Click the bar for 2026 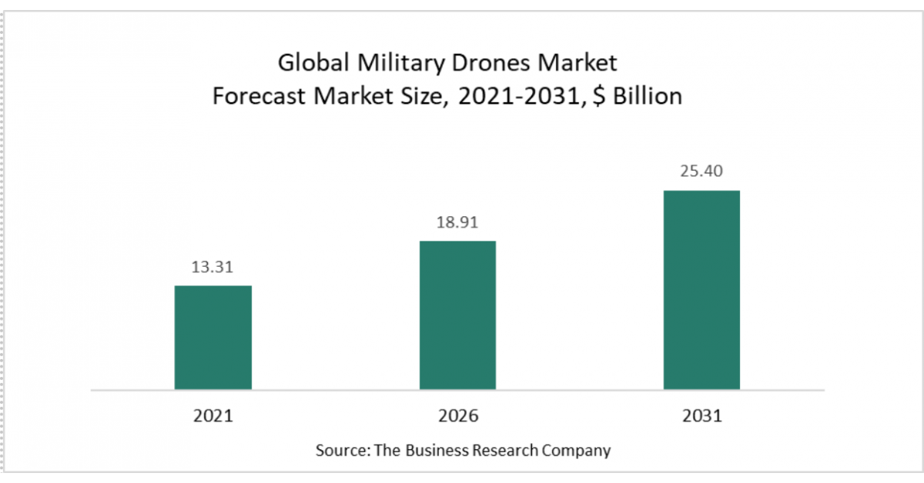(457, 315)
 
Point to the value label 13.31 (213, 268)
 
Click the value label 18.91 (457, 223)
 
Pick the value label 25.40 (701, 172)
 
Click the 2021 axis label (213, 416)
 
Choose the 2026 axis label (457, 416)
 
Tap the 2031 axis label (701, 416)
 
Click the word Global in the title (313, 62)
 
